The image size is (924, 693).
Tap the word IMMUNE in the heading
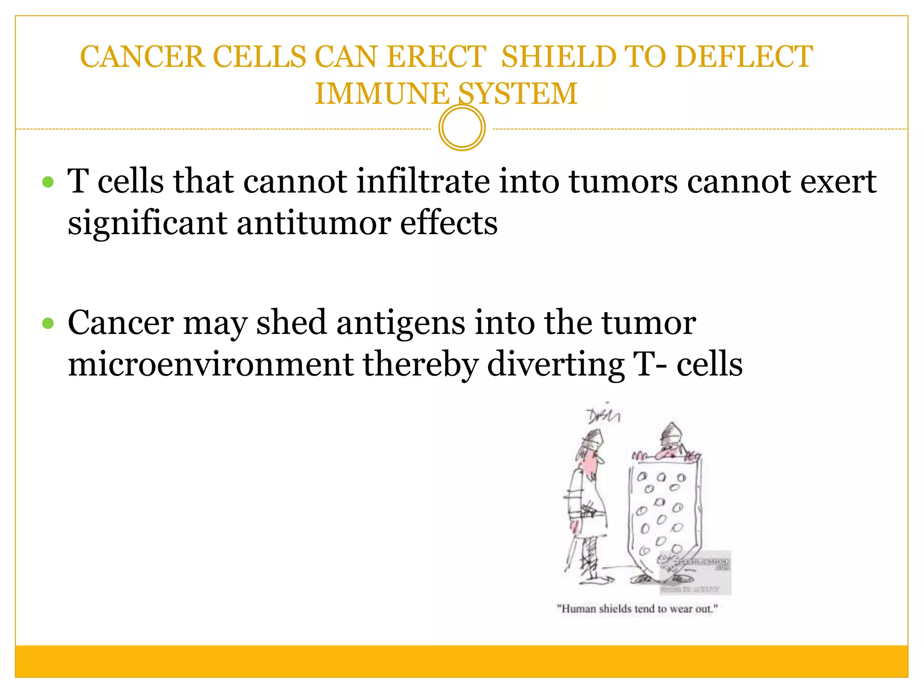pyautogui.click(x=382, y=94)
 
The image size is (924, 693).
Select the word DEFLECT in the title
pyautogui.click(x=744, y=57)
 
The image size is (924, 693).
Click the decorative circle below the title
pyautogui.click(x=462, y=128)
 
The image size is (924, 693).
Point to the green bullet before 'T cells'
pyautogui.click(x=48, y=182)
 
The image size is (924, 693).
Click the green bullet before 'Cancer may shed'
pyautogui.click(x=48, y=323)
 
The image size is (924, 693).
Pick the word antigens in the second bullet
pyautogui.click(x=401, y=323)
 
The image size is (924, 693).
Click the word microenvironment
pyautogui.click(x=211, y=365)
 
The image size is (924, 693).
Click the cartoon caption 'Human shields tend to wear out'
pyautogui.click(x=637, y=609)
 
